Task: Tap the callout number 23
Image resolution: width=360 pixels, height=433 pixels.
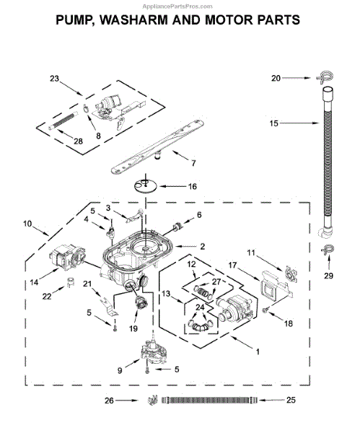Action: tap(54, 79)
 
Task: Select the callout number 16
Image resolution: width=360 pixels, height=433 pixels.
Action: tap(193, 186)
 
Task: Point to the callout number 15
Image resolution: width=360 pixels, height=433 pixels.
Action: tap(273, 123)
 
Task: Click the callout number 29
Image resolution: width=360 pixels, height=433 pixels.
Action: tap(328, 276)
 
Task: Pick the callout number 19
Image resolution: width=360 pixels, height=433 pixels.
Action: tap(133, 328)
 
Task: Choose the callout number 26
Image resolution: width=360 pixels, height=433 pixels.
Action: tap(109, 401)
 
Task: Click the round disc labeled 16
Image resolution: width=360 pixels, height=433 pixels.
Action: tap(145, 186)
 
